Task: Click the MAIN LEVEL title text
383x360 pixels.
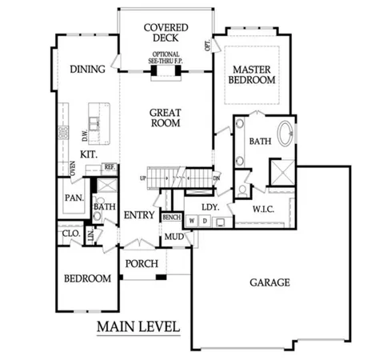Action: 138,326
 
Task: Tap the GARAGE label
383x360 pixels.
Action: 269,282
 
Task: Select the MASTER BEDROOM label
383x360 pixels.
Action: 252,74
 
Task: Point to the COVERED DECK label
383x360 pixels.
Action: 166,33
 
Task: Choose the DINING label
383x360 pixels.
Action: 87,70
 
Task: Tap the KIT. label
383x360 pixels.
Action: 88,154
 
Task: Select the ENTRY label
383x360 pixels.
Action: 138,215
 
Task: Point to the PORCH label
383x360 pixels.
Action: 142,263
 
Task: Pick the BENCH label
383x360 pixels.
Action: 171,217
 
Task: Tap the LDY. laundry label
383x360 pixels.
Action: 209,206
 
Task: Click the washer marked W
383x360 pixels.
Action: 193,221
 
